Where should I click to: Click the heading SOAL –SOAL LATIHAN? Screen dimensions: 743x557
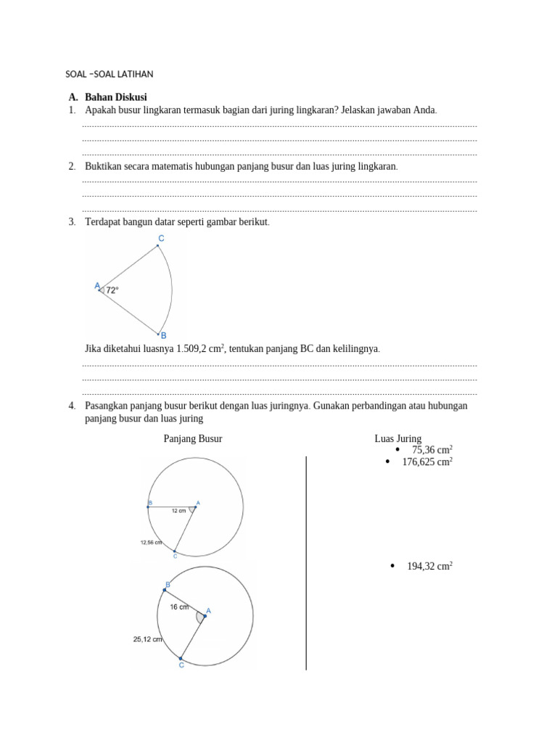pos(110,74)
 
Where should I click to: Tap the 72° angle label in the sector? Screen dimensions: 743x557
pos(112,290)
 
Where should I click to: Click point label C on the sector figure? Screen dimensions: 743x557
pos(161,238)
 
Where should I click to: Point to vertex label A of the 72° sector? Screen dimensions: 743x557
pos(97,286)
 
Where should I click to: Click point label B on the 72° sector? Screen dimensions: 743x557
pos(163,335)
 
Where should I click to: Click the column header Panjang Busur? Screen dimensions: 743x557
pos(193,439)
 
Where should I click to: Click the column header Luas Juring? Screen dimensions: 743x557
pos(397,439)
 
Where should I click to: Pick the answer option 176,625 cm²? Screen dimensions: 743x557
pos(426,461)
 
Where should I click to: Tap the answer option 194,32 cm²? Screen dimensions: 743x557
pos(429,566)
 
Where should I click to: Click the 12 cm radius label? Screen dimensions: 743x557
pos(179,511)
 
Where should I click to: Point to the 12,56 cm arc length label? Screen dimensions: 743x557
pos(151,542)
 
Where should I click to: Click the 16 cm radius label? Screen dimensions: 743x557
pos(179,607)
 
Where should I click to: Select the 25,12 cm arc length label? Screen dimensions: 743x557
pos(147,639)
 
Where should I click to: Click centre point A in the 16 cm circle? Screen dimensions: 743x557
pos(208,612)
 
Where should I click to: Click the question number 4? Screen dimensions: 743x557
pos(72,405)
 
